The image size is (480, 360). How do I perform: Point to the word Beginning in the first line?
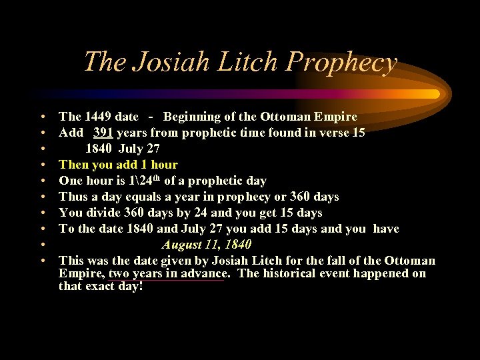coord(192,117)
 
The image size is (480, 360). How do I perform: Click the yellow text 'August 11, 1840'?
coord(206,245)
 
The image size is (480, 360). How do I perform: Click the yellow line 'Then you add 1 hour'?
coord(118,165)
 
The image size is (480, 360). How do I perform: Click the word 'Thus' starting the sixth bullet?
coord(71,197)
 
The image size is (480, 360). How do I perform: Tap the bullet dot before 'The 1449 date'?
coord(42,117)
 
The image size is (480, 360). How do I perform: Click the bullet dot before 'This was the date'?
coord(42,261)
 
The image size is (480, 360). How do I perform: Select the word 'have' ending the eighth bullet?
coord(386,229)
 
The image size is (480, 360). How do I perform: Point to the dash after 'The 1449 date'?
coord(153,117)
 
